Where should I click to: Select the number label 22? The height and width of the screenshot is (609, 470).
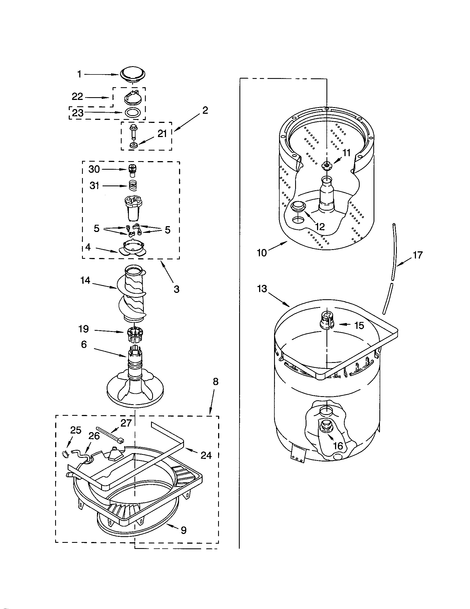click(x=77, y=97)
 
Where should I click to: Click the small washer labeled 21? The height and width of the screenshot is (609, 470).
click(x=133, y=145)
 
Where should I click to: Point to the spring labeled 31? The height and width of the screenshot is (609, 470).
click(x=133, y=185)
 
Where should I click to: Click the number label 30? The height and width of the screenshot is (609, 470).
click(x=94, y=169)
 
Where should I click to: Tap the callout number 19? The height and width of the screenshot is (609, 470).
click(x=84, y=329)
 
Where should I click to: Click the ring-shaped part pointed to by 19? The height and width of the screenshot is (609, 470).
click(x=135, y=334)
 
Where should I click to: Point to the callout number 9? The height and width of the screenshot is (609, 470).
click(x=183, y=530)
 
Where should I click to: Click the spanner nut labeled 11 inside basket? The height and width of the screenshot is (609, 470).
click(x=325, y=166)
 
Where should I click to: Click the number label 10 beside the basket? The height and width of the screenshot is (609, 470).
click(x=262, y=254)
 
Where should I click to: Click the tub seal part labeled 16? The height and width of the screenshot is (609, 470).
click(x=325, y=427)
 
